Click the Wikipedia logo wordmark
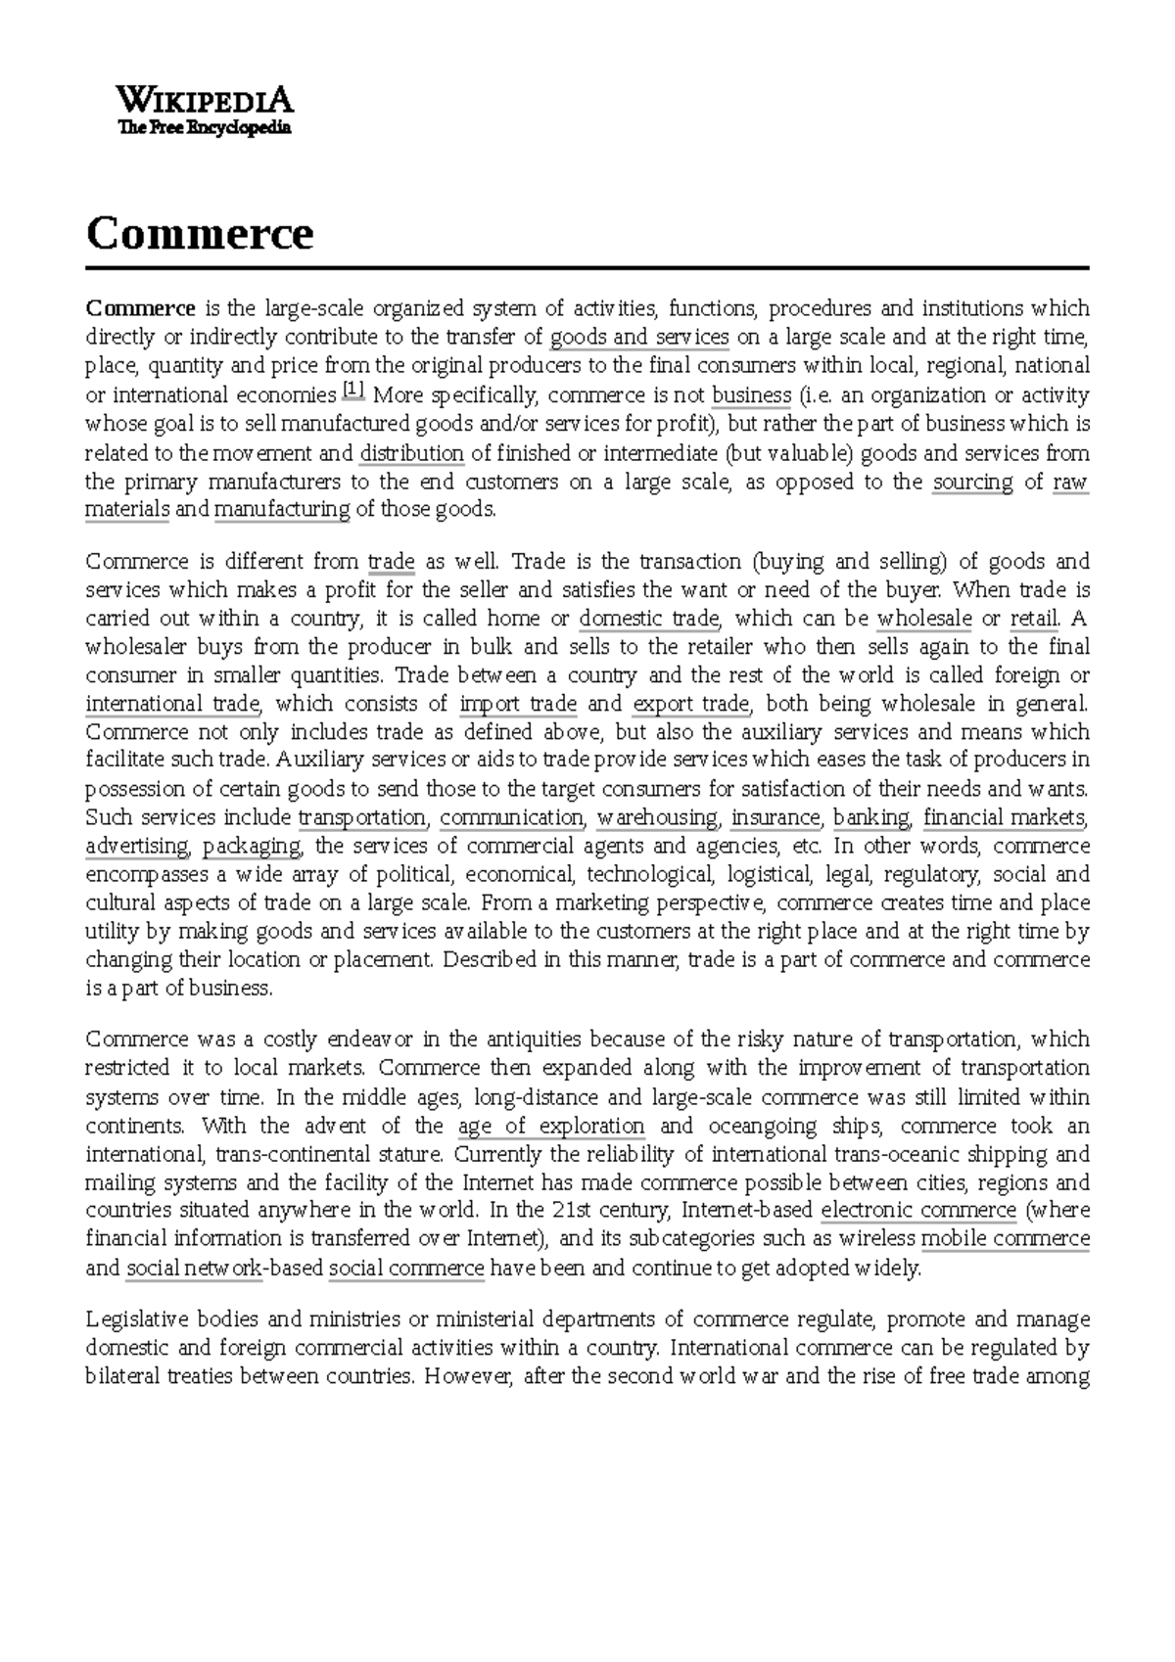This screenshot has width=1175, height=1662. [205, 100]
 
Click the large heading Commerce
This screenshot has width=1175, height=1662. [200, 234]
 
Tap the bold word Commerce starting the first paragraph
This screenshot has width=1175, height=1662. [141, 308]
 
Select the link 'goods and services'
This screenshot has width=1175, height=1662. [639, 338]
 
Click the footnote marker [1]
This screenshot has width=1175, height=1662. [353, 391]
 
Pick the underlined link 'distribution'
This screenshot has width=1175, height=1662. [412, 453]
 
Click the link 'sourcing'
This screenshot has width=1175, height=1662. [972, 482]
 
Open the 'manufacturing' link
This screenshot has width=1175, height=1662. [282, 510]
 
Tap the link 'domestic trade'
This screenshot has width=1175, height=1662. [649, 619]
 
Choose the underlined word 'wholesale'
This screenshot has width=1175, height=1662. [924, 619]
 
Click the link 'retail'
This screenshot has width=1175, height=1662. [1034, 619]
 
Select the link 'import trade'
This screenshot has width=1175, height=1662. [518, 704]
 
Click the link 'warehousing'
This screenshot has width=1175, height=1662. [658, 817]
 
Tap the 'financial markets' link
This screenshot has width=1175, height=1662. [1005, 817]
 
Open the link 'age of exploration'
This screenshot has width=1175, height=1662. [551, 1126]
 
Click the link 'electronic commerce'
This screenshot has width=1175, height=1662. [918, 1211]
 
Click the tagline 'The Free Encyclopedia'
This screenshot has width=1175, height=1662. [205, 127]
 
